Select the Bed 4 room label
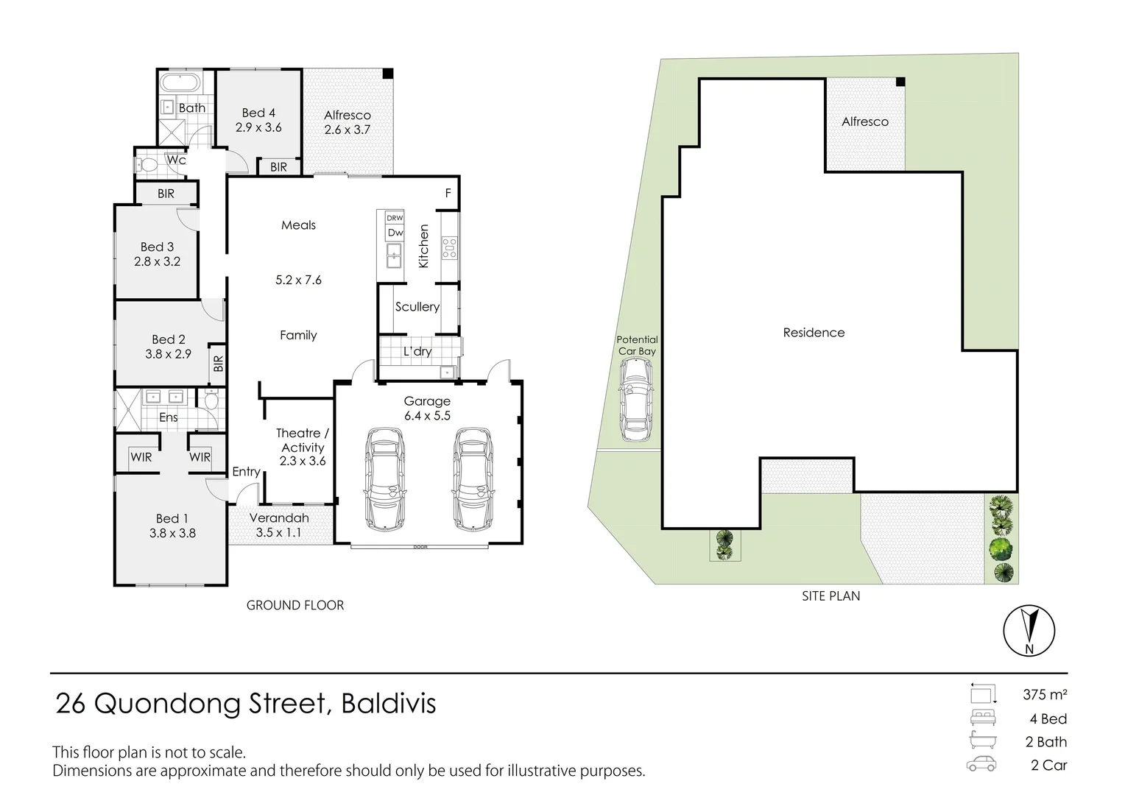tap(258, 113)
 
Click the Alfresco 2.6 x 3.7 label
tap(348, 122)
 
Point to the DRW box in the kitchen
tap(395, 218)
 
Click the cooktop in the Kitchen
tap(449, 247)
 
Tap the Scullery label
tap(417, 307)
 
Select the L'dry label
tap(417, 352)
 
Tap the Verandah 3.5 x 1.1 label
tap(279, 526)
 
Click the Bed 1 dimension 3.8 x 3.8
tap(172, 534)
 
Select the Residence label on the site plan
tap(814, 333)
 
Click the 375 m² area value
tap(1045, 694)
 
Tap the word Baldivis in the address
tap(388, 704)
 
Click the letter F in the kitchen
tap(448, 194)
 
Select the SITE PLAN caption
tap(830, 596)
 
